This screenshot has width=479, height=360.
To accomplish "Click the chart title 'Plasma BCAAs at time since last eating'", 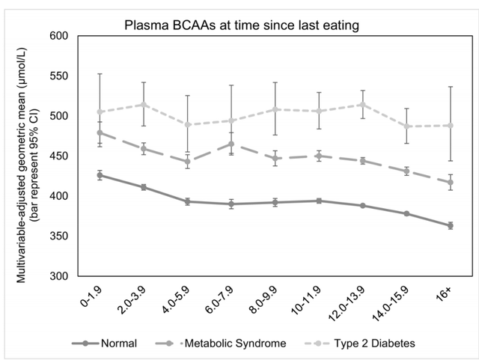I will pyautogui.click(x=242, y=25).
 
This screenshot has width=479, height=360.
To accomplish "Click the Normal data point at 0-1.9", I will pyautogui.click(x=100, y=175).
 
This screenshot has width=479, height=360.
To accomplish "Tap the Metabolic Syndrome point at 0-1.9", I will pyautogui.click(x=100, y=132).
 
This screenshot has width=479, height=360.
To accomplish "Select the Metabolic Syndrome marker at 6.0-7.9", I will pyautogui.click(x=231, y=144).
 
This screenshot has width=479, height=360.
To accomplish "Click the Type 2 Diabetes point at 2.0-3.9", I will pyautogui.click(x=144, y=105).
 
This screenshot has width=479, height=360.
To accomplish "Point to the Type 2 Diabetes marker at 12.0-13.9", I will pyautogui.click(x=363, y=105).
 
